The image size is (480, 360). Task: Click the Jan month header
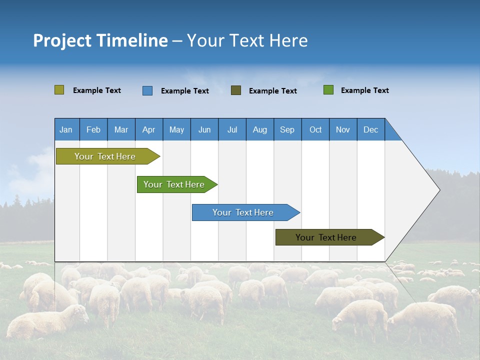pyautogui.click(x=66, y=129)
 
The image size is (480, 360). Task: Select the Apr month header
pyautogui.click(x=148, y=129)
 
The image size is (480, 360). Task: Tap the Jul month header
pyautogui.click(x=232, y=129)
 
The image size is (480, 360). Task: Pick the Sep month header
pyautogui.click(x=287, y=129)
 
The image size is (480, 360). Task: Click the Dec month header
pyautogui.click(x=370, y=129)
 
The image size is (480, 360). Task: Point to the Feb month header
pyautogui.click(x=93, y=129)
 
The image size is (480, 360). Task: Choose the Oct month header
pyautogui.click(x=315, y=129)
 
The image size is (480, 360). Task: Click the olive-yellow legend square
pyautogui.click(x=59, y=90)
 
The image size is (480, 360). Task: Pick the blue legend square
pyautogui.click(x=147, y=90)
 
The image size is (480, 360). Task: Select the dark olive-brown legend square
pyautogui.click(x=236, y=90)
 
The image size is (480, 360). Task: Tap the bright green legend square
pyautogui.click(x=328, y=90)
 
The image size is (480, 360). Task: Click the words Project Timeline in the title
pyautogui.click(x=100, y=40)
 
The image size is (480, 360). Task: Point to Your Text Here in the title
pyautogui.click(x=247, y=40)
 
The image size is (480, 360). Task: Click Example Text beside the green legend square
pyautogui.click(x=364, y=90)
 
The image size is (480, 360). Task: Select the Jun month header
pyautogui.click(x=204, y=129)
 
